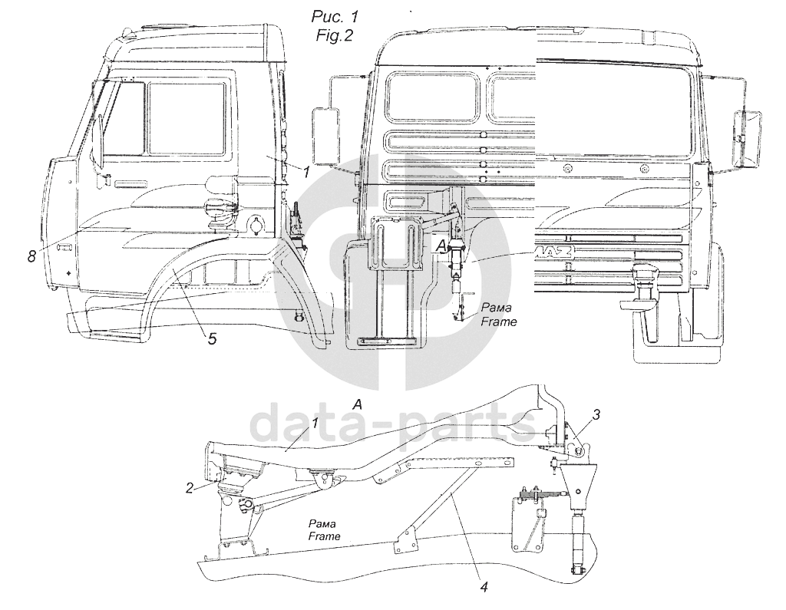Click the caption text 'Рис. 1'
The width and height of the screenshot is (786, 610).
(334, 16)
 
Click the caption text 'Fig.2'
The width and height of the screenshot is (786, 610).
(334, 35)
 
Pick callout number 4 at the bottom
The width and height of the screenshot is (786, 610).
(484, 589)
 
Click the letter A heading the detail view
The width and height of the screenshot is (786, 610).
(357, 404)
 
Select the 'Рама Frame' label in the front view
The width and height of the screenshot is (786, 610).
(498, 315)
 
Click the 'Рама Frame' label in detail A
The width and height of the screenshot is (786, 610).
(325, 529)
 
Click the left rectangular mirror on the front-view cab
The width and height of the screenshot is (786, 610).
(325, 137)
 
